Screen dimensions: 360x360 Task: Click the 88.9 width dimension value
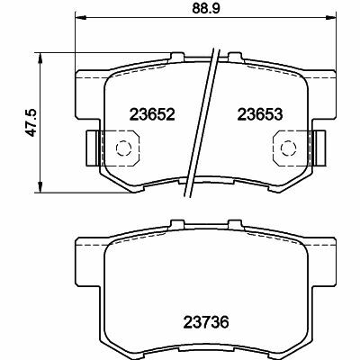point(206,8)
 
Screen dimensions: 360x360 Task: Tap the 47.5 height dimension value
point(31,122)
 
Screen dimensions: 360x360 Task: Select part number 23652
point(152,114)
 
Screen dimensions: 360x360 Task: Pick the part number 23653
point(260,114)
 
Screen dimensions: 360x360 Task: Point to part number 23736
point(206,322)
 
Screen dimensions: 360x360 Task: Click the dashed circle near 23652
point(123,148)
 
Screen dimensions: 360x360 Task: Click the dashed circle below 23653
point(289,148)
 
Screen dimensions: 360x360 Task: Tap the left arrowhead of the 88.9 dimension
point(80,17)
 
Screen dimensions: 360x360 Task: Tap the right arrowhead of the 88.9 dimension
point(332,17)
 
